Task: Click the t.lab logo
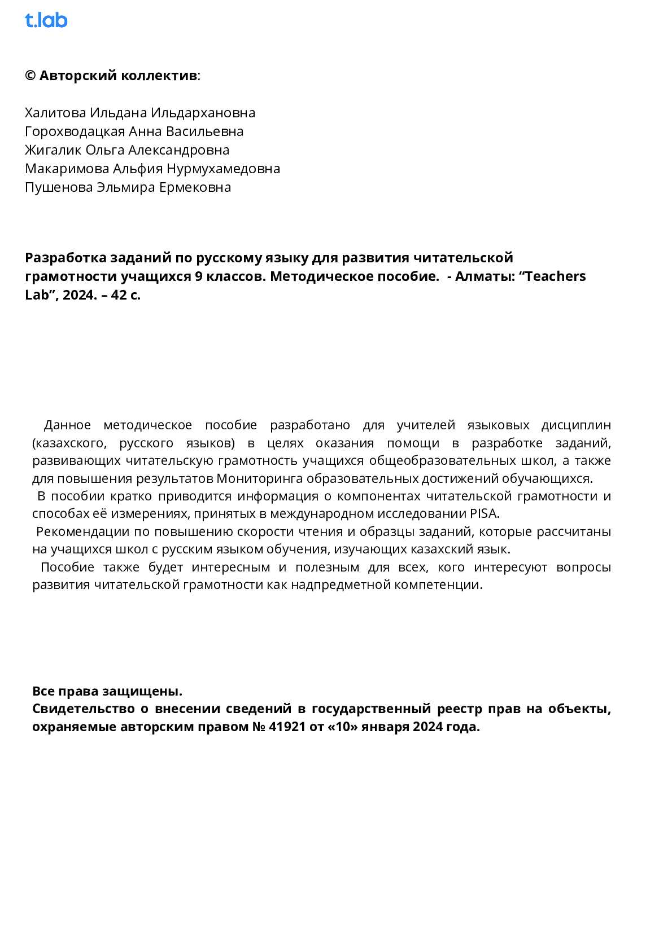46,20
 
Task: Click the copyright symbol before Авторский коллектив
30,76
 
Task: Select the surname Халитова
55,113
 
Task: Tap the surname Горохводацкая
75,131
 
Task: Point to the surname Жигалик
53,150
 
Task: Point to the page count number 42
119,295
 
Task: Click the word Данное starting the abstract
67,425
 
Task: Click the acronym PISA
484,514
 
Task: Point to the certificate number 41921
286,727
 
